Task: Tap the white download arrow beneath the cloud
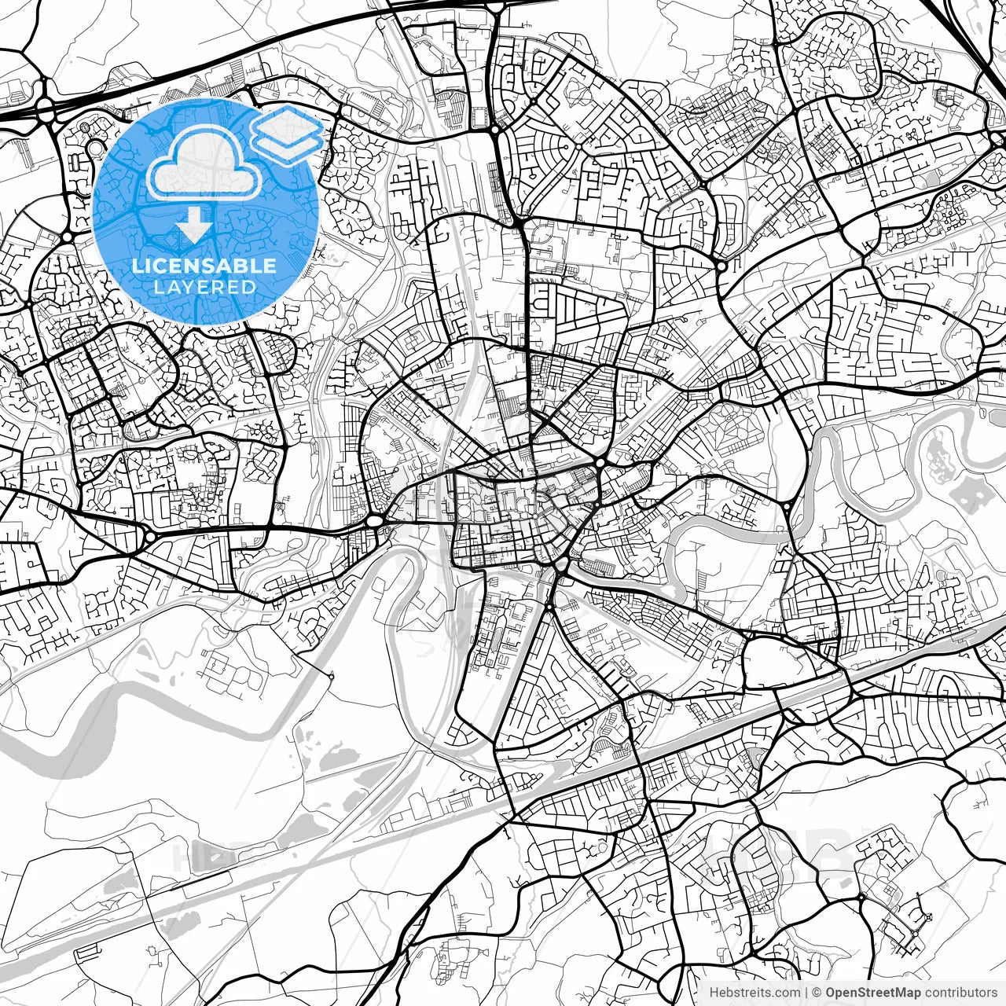(x=193, y=226)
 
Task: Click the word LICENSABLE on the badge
(x=204, y=266)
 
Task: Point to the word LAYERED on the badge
(x=204, y=287)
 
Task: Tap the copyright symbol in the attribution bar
(x=817, y=993)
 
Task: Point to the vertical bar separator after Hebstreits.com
(x=806, y=993)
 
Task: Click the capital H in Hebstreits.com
(x=714, y=993)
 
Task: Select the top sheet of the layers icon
(x=287, y=126)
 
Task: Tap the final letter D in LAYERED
(x=249, y=287)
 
